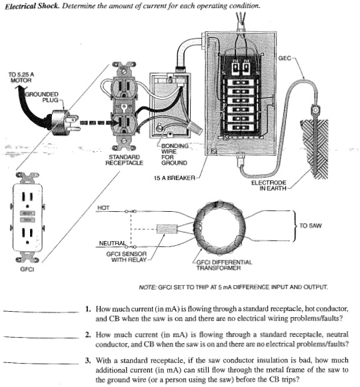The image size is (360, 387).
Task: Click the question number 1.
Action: pos(88,310)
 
